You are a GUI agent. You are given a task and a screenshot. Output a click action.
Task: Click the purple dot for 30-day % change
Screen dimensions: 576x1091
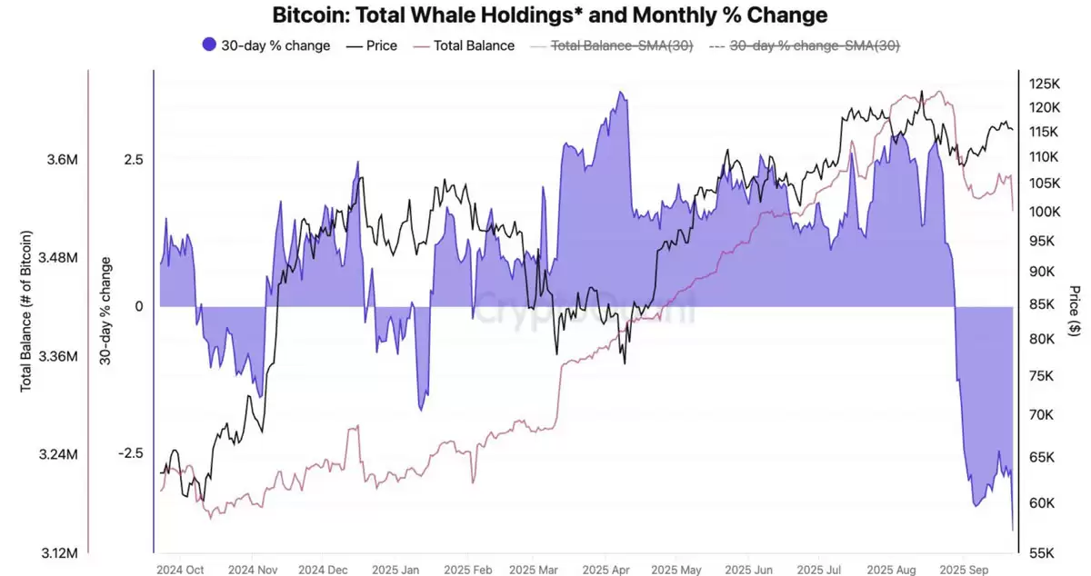coord(208,45)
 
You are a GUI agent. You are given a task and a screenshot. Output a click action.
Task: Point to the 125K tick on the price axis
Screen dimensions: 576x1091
coord(1044,84)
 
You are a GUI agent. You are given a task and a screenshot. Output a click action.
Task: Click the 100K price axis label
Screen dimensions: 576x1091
coord(1044,212)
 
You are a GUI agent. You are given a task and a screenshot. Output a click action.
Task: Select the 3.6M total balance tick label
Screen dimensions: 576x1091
coord(62,160)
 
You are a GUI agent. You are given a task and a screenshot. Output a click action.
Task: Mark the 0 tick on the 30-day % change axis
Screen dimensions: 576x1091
coord(138,307)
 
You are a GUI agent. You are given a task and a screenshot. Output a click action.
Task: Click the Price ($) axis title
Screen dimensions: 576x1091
coord(1076,311)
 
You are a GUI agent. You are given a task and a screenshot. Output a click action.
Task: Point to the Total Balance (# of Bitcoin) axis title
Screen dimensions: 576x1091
coord(26,311)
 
